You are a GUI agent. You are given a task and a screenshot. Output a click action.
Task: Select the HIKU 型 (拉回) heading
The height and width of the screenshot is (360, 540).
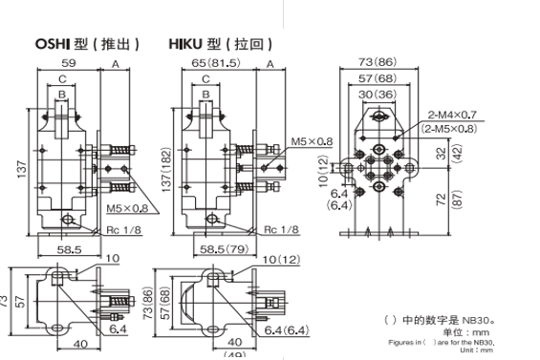[221, 44]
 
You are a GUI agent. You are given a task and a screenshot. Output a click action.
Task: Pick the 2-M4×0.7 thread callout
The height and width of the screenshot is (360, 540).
[452, 115]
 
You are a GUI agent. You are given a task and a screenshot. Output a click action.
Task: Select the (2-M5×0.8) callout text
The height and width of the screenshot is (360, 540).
[451, 128]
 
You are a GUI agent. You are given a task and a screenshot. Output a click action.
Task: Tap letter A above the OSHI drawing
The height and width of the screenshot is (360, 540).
[115, 64]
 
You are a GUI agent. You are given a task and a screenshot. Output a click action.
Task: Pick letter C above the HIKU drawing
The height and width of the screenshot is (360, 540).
[205, 80]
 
